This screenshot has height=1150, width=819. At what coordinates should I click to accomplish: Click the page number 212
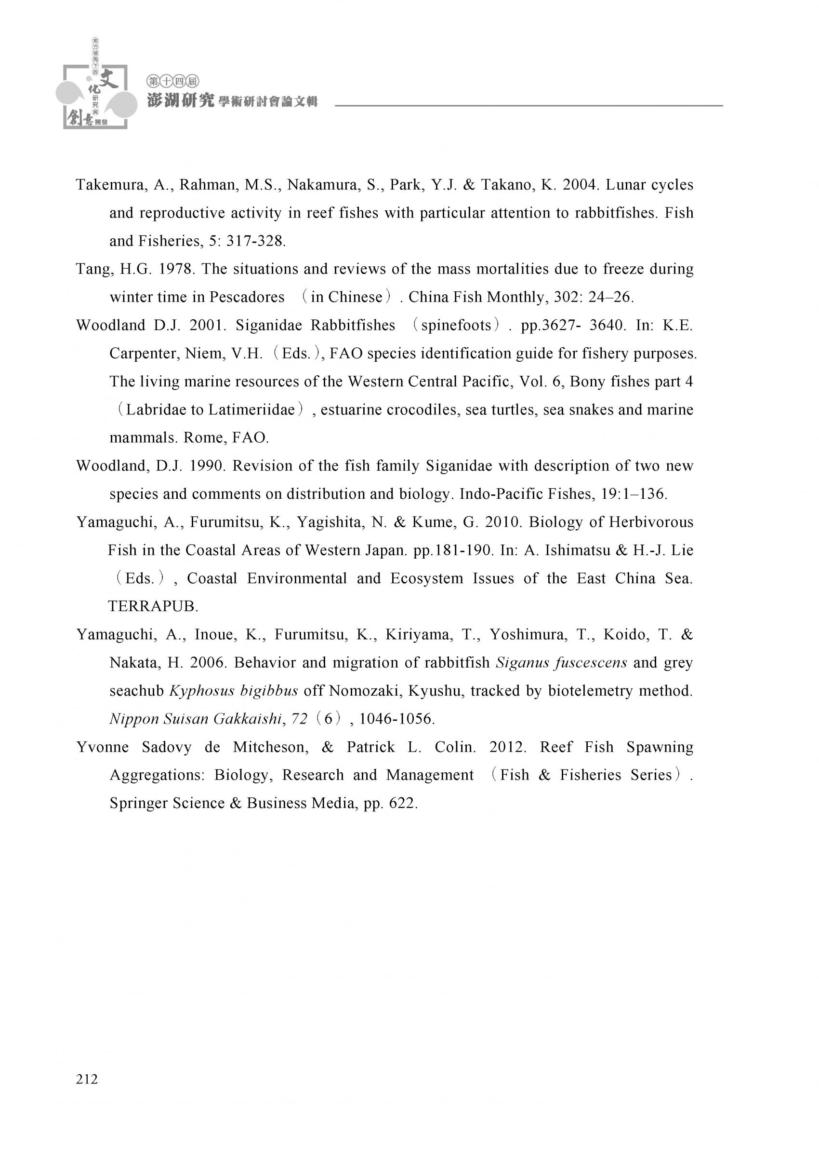(x=87, y=1079)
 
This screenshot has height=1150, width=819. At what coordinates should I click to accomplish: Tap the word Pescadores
(x=247, y=297)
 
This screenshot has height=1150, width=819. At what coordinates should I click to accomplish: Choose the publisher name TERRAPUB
(x=152, y=606)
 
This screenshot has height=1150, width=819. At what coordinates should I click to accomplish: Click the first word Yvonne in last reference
(x=102, y=747)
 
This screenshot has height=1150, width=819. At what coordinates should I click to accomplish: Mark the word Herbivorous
(x=651, y=522)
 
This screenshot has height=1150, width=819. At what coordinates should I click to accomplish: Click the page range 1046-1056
(x=396, y=719)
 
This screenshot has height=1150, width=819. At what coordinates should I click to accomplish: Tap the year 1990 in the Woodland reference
(x=206, y=466)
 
